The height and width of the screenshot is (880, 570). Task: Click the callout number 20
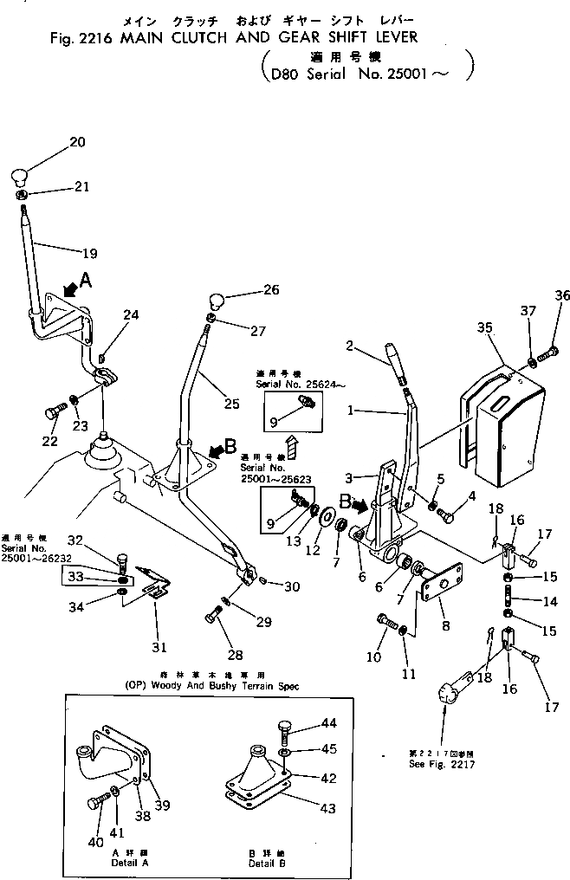(77, 142)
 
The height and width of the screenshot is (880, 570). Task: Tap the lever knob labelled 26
(216, 303)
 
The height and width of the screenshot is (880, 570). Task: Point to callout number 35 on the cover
(484, 327)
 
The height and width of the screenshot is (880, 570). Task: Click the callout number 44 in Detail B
(304, 722)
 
